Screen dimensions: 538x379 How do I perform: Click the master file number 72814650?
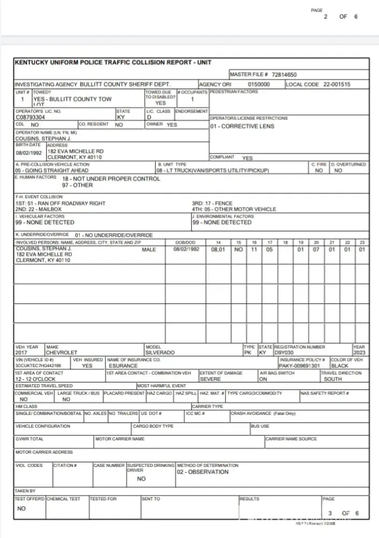284,75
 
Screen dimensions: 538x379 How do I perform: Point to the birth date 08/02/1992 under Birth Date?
29,153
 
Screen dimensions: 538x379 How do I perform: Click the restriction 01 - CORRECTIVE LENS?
242,126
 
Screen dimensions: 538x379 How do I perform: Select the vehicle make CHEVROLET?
62,352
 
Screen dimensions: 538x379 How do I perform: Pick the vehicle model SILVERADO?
160,352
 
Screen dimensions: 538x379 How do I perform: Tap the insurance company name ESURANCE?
123,366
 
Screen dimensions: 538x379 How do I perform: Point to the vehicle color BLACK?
340,366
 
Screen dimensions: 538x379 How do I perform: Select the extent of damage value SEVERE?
210,379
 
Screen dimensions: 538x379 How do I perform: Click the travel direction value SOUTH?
333,379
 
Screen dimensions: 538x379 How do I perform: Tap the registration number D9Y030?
284,352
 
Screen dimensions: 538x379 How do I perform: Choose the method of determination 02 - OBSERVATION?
203,472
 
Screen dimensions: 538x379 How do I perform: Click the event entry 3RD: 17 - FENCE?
212,204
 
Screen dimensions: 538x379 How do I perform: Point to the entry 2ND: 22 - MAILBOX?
38,209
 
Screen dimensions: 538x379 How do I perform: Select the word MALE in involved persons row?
149,250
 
